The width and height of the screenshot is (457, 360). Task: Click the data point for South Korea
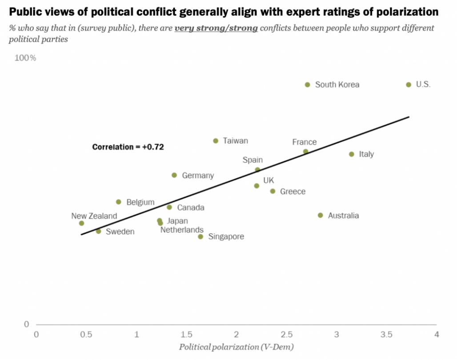tap(307, 84)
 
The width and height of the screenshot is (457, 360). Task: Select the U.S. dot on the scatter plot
tap(409, 84)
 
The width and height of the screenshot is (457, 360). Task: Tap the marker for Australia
tap(320, 215)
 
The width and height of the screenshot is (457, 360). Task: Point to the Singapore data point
tap(200, 236)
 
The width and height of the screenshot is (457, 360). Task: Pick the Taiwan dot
tap(216, 140)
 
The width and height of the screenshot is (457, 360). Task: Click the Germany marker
tap(174, 175)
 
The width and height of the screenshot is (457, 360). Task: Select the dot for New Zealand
tap(81, 223)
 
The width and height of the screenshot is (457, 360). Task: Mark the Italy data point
tap(351, 154)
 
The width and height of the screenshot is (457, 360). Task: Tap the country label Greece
tap(293, 192)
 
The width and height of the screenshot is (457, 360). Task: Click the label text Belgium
tap(140, 202)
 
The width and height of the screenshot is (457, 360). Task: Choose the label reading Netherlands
tap(182, 230)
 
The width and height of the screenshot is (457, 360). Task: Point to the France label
tap(305, 142)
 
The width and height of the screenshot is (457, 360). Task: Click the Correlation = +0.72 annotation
tap(128, 147)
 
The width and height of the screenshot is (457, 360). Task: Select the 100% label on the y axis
tap(25, 58)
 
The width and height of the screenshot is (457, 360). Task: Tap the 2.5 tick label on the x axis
tap(286, 334)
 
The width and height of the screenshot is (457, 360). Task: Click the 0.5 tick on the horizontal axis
tap(86, 334)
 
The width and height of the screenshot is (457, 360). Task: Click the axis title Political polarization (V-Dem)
tap(236, 347)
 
